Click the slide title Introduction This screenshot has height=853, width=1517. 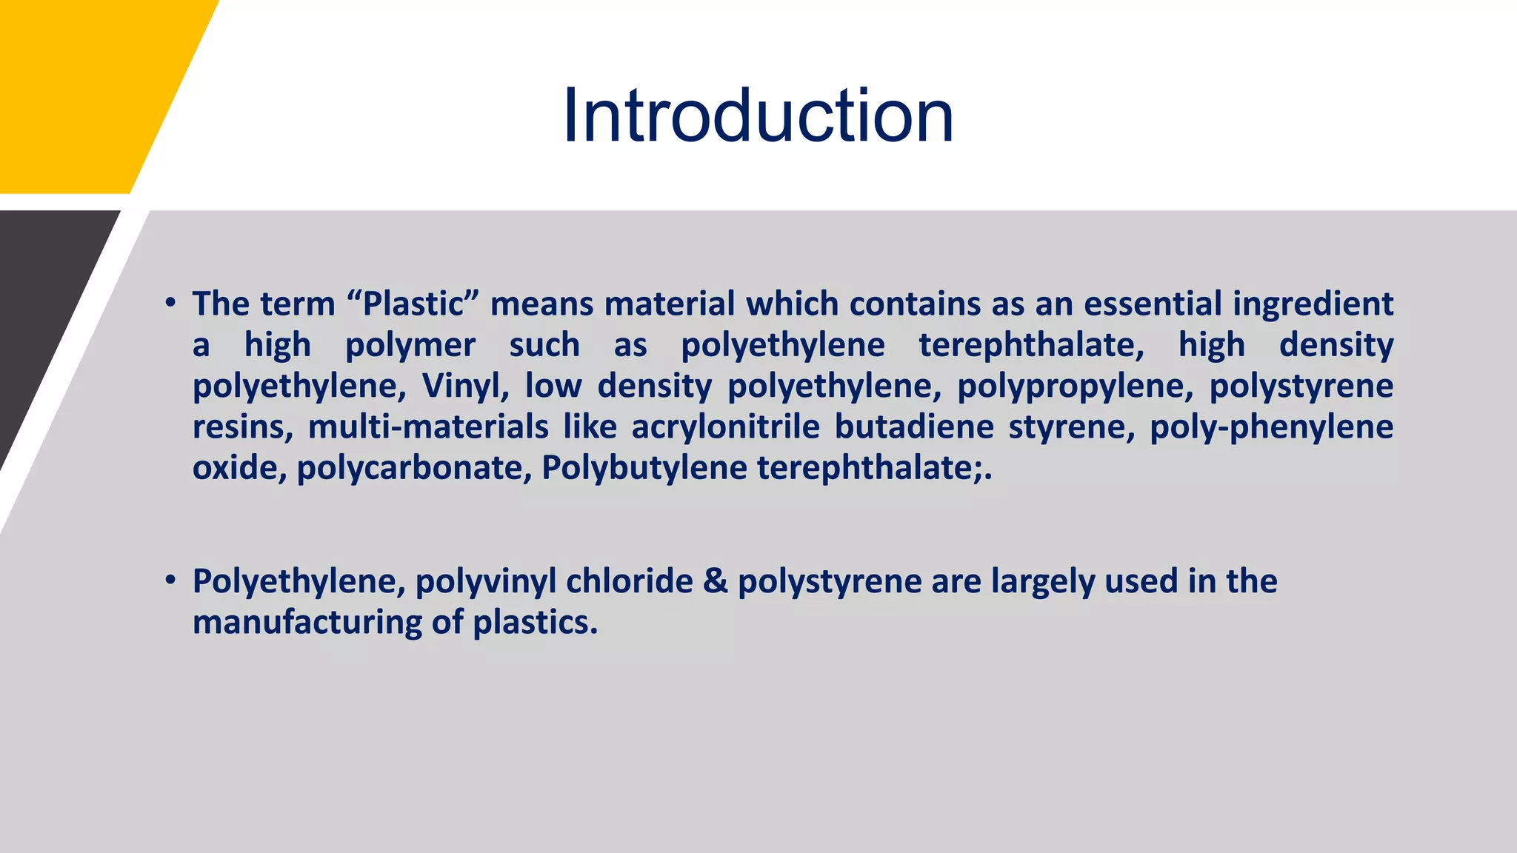[x=758, y=116]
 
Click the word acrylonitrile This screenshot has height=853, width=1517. [x=725, y=427]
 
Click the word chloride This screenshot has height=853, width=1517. [x=630, y=581]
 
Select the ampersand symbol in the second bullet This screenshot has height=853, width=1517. [x=716, y=581]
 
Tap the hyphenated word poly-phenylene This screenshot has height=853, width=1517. [x=1271, y=427]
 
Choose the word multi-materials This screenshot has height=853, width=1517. [x=428, y=427]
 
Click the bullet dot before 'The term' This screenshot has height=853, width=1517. [x=170, y=304]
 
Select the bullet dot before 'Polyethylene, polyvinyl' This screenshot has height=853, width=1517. [x=170, y=581]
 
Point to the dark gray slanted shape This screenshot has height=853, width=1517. [x=44, y=311]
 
